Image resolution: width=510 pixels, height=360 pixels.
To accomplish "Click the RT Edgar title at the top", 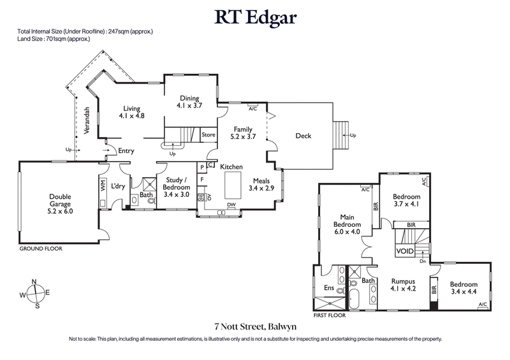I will pos(254,18).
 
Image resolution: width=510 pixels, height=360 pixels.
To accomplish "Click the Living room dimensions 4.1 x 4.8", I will pos(131,117).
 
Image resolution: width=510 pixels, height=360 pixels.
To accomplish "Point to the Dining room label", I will pos(189,98).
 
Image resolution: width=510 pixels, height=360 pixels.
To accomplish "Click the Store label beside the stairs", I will pos(208,135).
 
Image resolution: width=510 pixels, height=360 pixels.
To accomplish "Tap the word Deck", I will pos(303,136).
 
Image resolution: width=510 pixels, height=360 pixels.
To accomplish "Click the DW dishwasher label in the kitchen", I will pos(231,205).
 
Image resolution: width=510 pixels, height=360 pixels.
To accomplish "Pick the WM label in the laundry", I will pos(103,185).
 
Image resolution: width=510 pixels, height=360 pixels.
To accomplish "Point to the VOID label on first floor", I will pos(405,251).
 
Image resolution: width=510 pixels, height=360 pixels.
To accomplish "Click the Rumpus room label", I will pos(403,281).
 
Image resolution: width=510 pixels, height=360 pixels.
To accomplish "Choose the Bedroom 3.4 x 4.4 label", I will pos(463,284).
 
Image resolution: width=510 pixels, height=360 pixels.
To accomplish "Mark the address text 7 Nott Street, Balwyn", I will pos(254,327).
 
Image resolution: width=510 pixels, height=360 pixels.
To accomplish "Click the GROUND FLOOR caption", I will pos(41,248).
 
